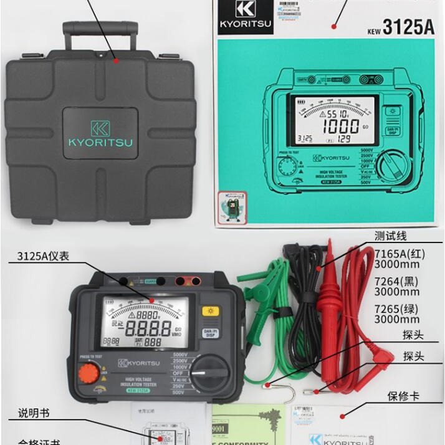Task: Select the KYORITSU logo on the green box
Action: click(246, 17)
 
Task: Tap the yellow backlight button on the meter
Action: click(209, 311)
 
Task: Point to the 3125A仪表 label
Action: click(43, 256)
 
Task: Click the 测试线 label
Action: click(391, 236)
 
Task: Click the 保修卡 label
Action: click(403, 396)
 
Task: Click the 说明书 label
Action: click(33, 413)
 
